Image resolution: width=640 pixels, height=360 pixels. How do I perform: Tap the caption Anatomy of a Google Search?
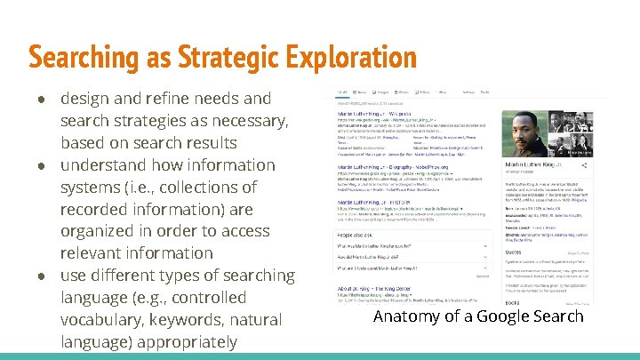pyautogui.click(x=478, y=316)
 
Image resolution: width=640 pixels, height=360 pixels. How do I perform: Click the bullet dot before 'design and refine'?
pyautogui.click(x=41, y=99)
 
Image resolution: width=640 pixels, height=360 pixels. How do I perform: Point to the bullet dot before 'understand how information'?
pyautogui.click(x=41, y=165)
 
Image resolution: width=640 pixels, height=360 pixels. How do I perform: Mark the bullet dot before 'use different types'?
pyautogui.click(x=41, y=276)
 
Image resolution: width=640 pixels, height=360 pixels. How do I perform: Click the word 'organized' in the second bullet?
pyautogui.click(x=105, y=231)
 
